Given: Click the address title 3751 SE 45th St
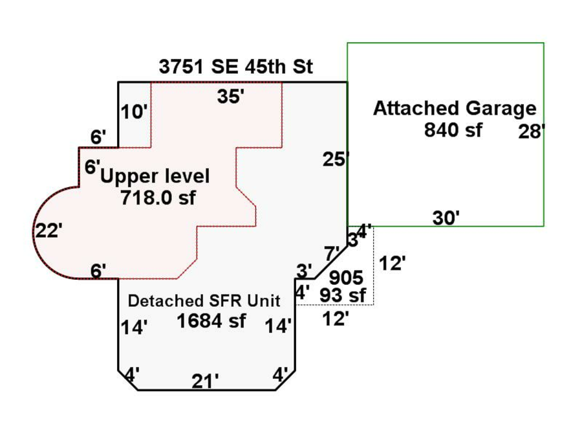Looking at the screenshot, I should [235, 67].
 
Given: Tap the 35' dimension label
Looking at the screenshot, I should [231, 97].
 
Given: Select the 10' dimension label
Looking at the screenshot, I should [134, 113].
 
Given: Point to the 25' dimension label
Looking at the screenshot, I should [336, 159].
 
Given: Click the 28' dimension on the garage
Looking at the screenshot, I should [532, 132].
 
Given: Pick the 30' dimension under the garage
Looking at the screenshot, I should [446, 218].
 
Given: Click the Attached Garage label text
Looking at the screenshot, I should [455, 109].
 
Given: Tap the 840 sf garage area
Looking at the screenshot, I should [453, 129].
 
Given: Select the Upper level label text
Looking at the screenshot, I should [155, 176].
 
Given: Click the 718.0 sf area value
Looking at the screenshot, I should [158, 198].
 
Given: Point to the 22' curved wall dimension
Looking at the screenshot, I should [48, 230].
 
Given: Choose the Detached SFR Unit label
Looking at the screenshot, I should [204, 301].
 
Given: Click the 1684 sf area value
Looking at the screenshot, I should [211, 320].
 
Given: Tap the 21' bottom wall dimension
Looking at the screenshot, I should [205, 382].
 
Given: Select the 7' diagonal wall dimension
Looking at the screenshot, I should [332, 252].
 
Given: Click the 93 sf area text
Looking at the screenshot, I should [343, 296].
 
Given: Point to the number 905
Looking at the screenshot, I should [346, 278].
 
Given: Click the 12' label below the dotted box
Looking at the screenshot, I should [336, 319].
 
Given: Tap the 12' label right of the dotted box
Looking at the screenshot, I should [392, 263].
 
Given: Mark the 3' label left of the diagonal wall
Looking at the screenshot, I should [305, 269].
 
